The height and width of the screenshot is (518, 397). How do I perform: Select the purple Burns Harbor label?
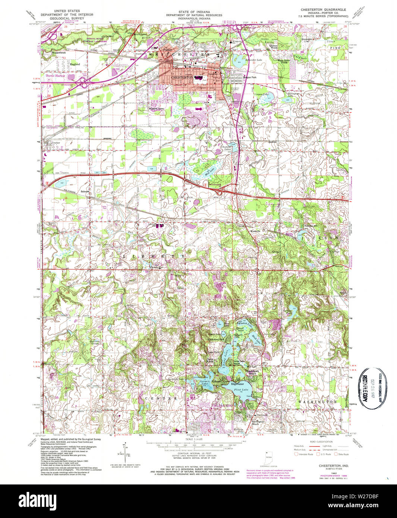56,76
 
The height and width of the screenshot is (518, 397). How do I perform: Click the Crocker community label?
56,143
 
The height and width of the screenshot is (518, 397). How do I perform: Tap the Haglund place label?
75,64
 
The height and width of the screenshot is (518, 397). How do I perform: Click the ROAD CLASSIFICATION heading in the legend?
322,441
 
